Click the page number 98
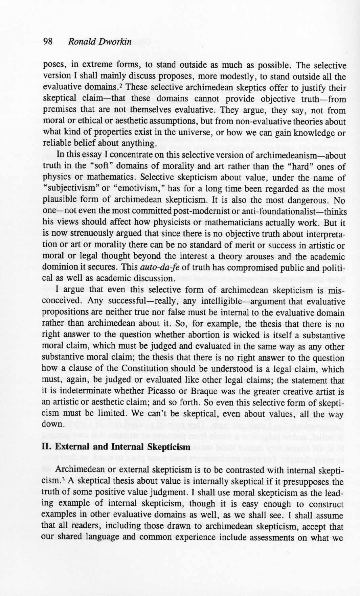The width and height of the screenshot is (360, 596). point(48,42)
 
